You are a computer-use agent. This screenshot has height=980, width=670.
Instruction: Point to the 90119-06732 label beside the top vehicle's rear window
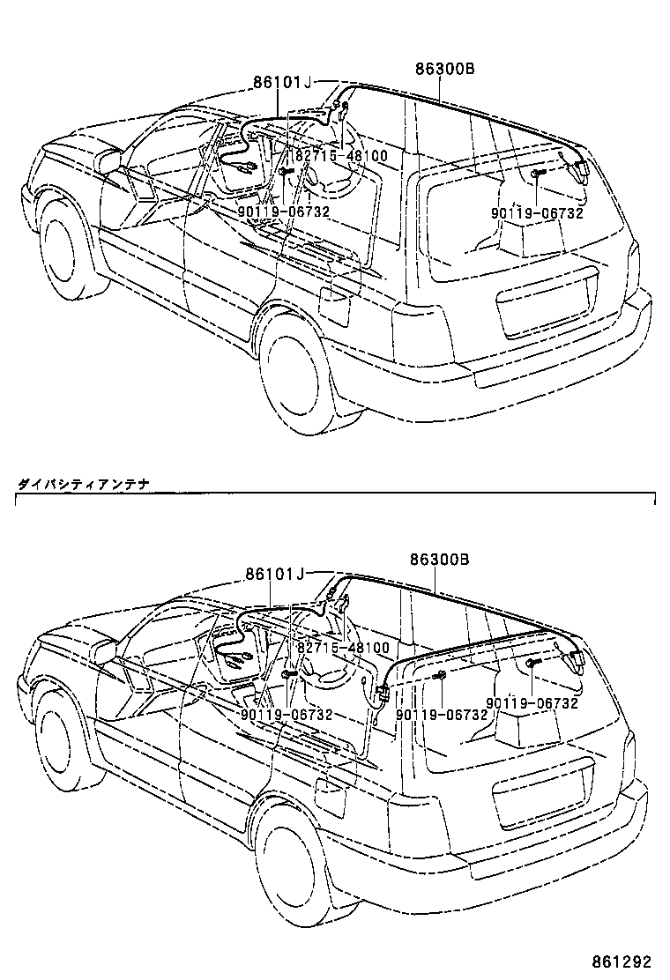click(538, 212)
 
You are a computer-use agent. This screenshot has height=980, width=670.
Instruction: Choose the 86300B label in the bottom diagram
click(439, 560)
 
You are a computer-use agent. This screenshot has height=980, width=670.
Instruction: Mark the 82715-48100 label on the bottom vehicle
click(342, 648)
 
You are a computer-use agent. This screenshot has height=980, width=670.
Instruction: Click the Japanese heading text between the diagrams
click(84, 483)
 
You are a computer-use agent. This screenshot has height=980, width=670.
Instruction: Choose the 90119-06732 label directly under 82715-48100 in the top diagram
click(283, 212)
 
